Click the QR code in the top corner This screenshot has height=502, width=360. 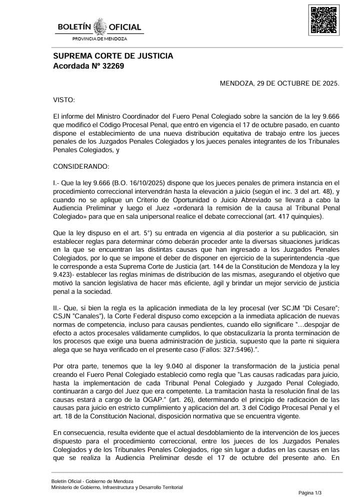pos(324,20)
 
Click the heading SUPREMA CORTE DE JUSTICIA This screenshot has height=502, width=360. pos(113,56)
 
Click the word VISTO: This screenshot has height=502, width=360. pos(63,100)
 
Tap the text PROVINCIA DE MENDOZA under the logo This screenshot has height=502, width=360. pos(100,39)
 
